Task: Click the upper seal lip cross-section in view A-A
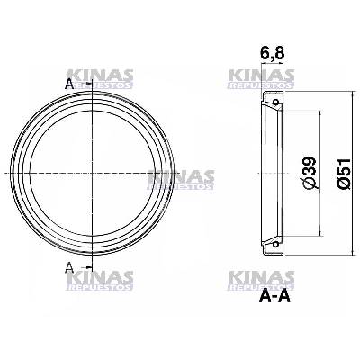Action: tap(269, 100)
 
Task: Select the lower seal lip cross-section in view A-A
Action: tap(269, 242)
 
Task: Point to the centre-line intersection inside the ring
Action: tap(92, 172)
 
